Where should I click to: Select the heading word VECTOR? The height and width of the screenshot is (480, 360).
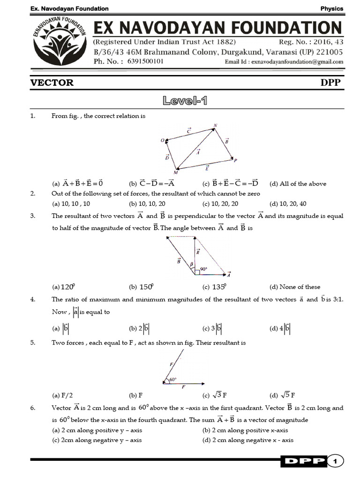(x=52, y=82)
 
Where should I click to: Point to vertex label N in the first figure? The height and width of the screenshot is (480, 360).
(x=215, y=125)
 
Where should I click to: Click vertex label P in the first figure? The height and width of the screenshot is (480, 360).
(x=235, y=161)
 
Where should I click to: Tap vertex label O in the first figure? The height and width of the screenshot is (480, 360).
(x=162, y=140)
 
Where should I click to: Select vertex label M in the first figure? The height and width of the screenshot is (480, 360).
(x=175, y=172)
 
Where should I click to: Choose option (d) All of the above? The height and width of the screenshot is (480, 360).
(x=298, y=184)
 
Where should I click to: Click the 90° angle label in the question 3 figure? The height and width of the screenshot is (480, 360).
(x=203, y=270)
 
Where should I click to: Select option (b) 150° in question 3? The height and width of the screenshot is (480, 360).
(x=141, y=287)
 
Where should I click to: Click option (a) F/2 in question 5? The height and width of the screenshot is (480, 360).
(x=61, y=395)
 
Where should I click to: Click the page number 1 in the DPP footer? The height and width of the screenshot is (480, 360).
(x=335, y=462)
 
